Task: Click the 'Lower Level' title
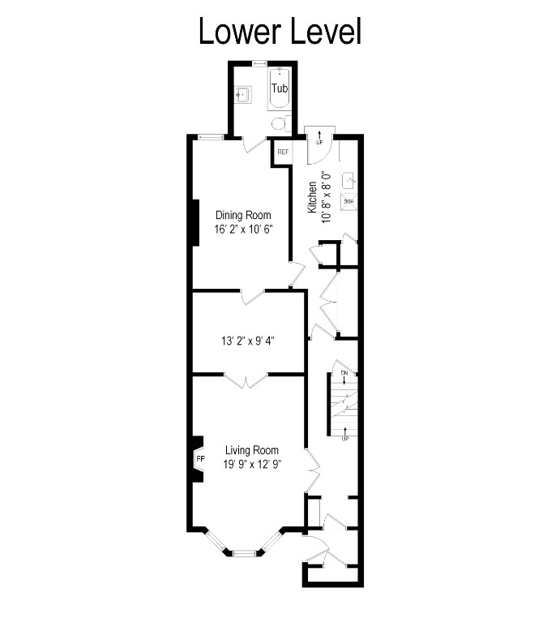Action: [x=280, y=32]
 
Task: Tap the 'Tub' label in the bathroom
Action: [x=278, y=88]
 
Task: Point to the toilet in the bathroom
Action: [x=280, y=123]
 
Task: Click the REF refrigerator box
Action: [x=283, y=152]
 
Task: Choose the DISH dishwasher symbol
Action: [x=348, y=200]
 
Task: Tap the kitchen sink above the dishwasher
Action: [x=349, y=181]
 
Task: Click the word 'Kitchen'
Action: [x=312, y=197]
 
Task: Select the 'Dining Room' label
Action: [x=242, y=215]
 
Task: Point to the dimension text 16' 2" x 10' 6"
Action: [x=242, y=229]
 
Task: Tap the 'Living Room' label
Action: [x=252, y=450]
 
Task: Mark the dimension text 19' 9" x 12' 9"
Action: [x=252, y=465]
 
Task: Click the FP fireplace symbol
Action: [x=199, y=459]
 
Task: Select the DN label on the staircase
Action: [x=344, y=373]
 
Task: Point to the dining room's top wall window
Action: [x=212, y=137]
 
